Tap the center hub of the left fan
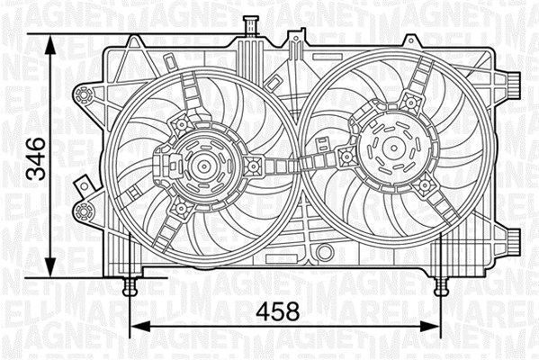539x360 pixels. [201, 166]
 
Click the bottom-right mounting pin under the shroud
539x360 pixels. [440, 287]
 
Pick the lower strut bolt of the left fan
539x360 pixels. [181, 209]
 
